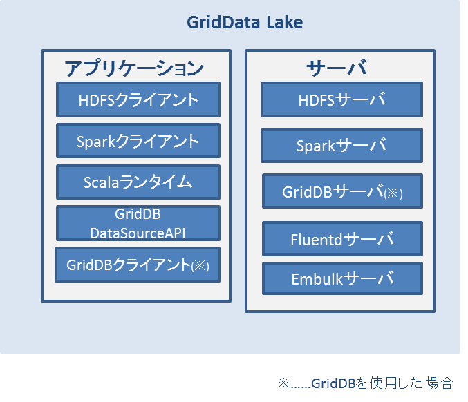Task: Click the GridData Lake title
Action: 245,22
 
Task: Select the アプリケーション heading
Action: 134,68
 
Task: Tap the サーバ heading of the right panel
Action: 337,68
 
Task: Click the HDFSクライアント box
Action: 138,99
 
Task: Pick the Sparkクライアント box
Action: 138,140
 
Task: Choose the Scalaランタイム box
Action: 138,182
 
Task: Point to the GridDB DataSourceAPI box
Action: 138,223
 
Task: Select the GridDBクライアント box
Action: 138,265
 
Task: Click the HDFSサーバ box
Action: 341,99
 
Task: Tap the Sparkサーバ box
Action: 341,145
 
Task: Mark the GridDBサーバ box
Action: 342,191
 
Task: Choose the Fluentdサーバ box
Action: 342,238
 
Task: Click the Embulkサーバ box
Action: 342,278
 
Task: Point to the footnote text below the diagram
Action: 365,383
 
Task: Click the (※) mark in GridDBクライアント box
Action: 200,266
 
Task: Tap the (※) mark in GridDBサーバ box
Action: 393,193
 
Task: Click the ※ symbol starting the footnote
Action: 283,383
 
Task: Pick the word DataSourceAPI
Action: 138,233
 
